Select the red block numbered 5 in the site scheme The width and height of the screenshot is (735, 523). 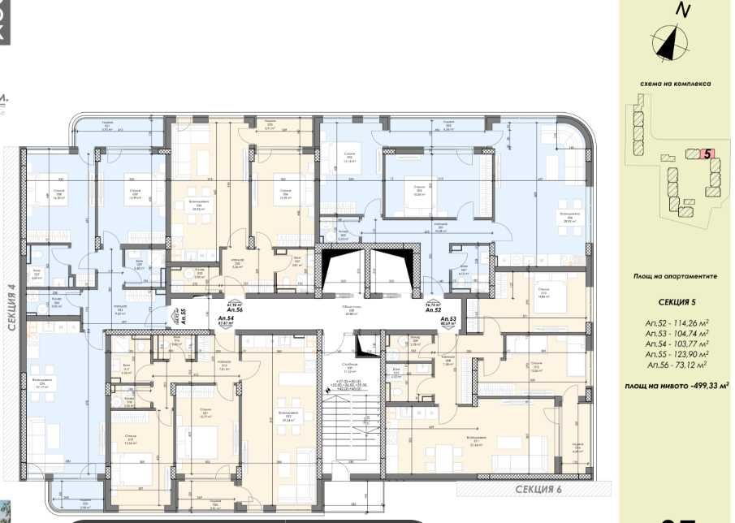707,153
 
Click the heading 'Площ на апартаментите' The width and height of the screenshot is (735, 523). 675,276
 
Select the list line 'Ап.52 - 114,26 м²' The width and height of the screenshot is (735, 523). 674,321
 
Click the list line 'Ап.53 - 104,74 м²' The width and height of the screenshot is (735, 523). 674,332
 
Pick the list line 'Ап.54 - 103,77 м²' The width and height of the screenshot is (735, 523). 674,344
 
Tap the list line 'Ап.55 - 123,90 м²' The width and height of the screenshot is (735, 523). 674,355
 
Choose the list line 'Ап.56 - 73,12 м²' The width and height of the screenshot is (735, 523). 674,366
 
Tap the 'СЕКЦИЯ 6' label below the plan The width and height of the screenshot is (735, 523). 538,489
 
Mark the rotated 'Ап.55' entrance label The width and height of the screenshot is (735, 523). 183,317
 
